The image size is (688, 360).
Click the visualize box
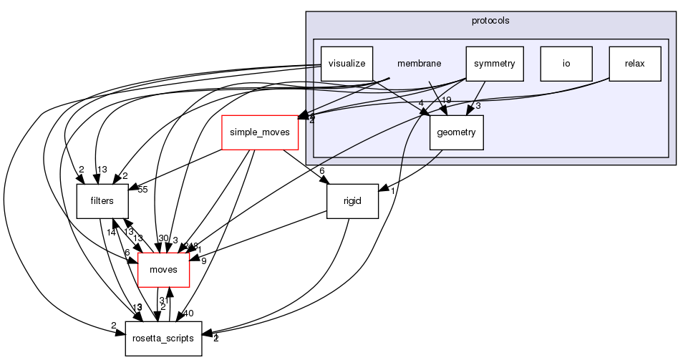coord(347,64)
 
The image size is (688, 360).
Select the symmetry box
coord(494,64)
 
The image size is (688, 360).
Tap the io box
coord(566,64)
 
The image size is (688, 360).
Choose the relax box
coord(634,64)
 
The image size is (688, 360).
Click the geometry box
coord(457,132)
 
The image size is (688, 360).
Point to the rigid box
coord(352,201)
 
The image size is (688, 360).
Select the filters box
coord(102,201)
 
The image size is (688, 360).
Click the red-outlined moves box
coord(163,270)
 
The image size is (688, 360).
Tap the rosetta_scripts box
coord(163,338)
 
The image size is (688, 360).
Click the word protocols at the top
coord(490,21)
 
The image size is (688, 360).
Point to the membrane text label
coord(419,64)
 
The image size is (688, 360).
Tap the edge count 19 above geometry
coord(446,99)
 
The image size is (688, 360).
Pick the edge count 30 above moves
coord(163,239)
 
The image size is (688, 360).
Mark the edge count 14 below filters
coord(112,232)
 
